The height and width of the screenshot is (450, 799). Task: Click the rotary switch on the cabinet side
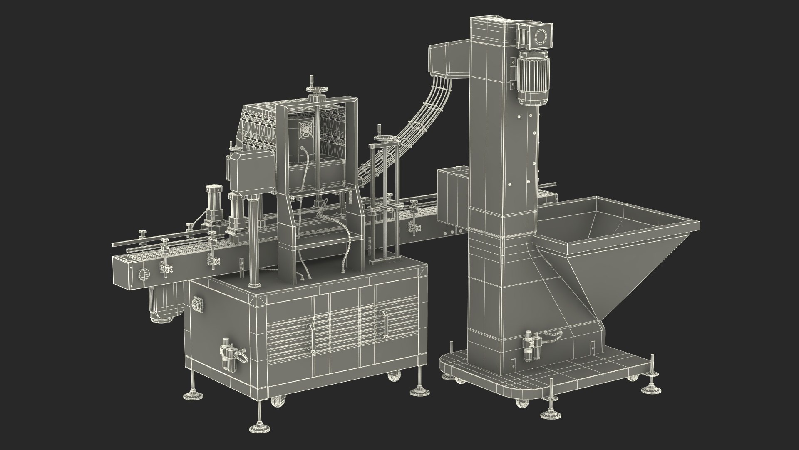click(197, 303)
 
